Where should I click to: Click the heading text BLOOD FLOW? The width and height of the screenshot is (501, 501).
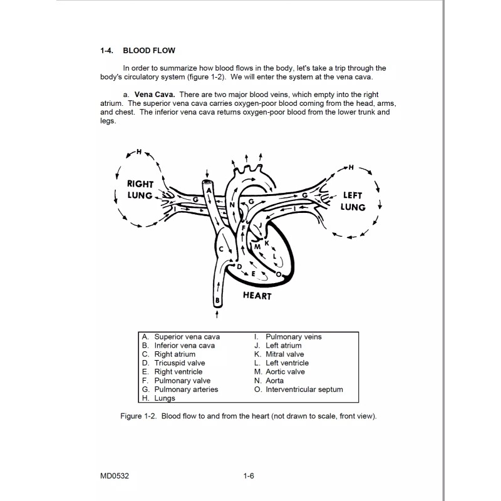coord(149,50)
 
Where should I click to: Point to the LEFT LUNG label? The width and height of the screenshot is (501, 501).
coord(353,201)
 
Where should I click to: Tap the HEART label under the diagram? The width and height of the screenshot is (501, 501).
coord(257,296)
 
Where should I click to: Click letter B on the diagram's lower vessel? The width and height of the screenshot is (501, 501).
coord(217,301)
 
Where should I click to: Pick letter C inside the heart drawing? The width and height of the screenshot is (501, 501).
coord(221,249)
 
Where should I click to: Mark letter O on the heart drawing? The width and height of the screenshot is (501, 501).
coord(278,274)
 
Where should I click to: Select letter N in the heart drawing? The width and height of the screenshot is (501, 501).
coord(232,205)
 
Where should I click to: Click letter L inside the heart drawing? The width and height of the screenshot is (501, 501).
coord(274,256)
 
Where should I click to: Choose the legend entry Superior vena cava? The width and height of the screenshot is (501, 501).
coord(187,337)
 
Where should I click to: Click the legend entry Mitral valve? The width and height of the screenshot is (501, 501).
coord(284,354)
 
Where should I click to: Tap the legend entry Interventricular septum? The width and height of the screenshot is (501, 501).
coord(304,390)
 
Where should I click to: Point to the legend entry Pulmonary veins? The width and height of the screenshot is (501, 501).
coord(293,337)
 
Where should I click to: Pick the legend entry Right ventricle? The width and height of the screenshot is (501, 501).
coord(178,372)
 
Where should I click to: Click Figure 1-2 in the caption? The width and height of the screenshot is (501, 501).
coord(138,416)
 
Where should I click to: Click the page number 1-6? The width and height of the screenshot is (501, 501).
coord(249,476)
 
